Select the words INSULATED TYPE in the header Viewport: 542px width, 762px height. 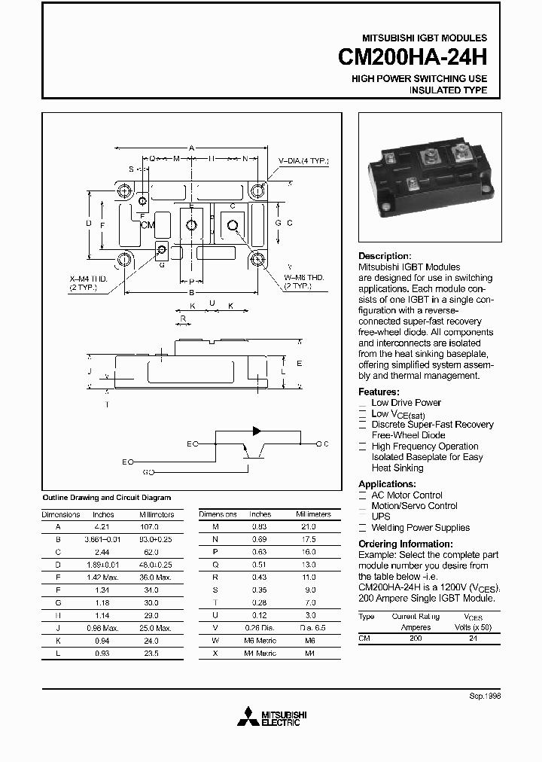pos(448,90)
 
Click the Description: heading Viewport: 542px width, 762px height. pos(385,256)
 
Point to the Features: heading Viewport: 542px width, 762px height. pos(379,392)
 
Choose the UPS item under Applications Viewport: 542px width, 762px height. pos(381,517)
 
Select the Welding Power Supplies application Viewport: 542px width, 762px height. pos(420,528)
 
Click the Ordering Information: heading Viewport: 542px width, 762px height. pos(405,544)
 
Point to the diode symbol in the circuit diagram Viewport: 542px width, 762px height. pos(257,431)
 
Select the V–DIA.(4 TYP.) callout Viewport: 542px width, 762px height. pos(303,161)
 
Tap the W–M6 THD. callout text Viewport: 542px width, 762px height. pos(304,277)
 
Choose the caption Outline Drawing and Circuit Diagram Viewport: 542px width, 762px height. pos(106,498)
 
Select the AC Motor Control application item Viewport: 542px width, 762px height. pos(406,495)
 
